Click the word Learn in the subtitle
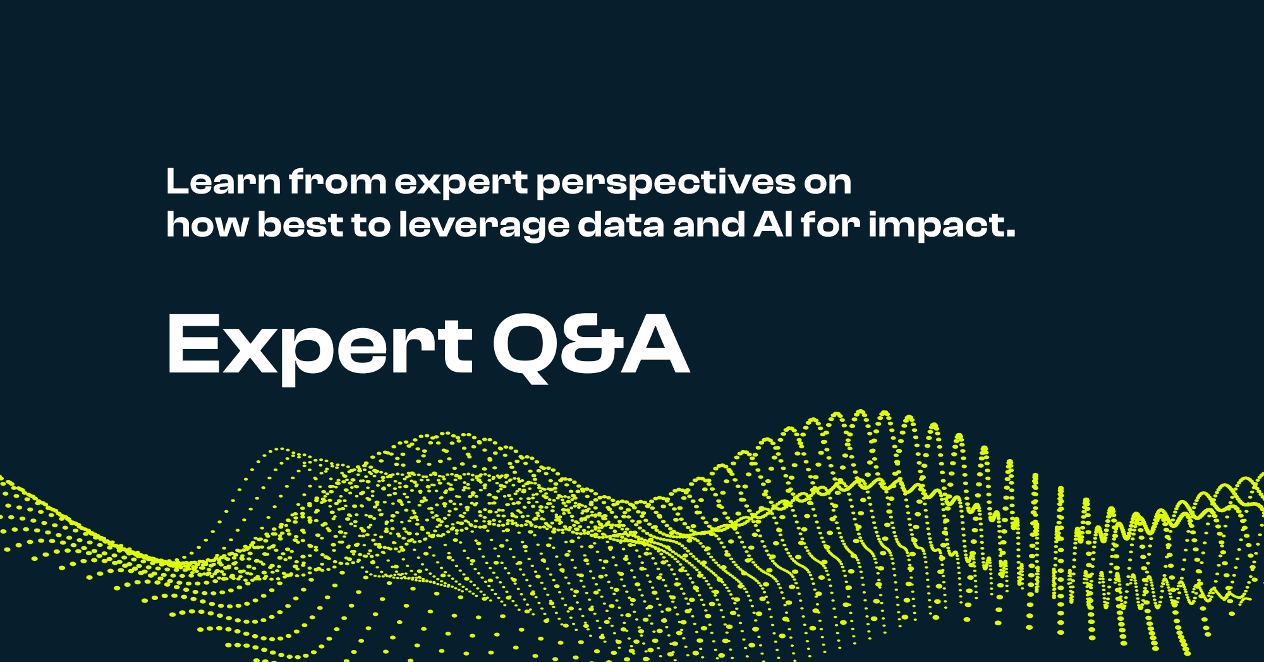223,182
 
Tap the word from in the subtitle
337,182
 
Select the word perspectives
665,183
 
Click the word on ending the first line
828,183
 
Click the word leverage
483,226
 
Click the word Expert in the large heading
320,345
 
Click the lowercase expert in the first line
461,183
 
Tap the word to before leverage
372,225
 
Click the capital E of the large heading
192,345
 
